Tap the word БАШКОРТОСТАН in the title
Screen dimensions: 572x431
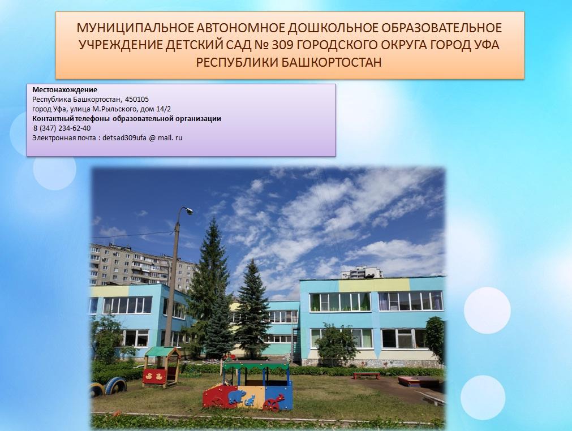point(331,63)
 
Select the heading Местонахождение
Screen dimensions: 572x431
point(65,90)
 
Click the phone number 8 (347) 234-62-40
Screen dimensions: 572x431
point(62,128)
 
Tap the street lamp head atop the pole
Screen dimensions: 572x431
point(188,210)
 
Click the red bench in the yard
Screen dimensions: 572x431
point(366,375)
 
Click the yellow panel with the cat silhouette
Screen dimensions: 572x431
point(251,398)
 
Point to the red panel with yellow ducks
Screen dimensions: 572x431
point(154,376)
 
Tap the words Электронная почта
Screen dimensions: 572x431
point(64,138)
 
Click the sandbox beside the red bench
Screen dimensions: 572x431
point(419,382)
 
